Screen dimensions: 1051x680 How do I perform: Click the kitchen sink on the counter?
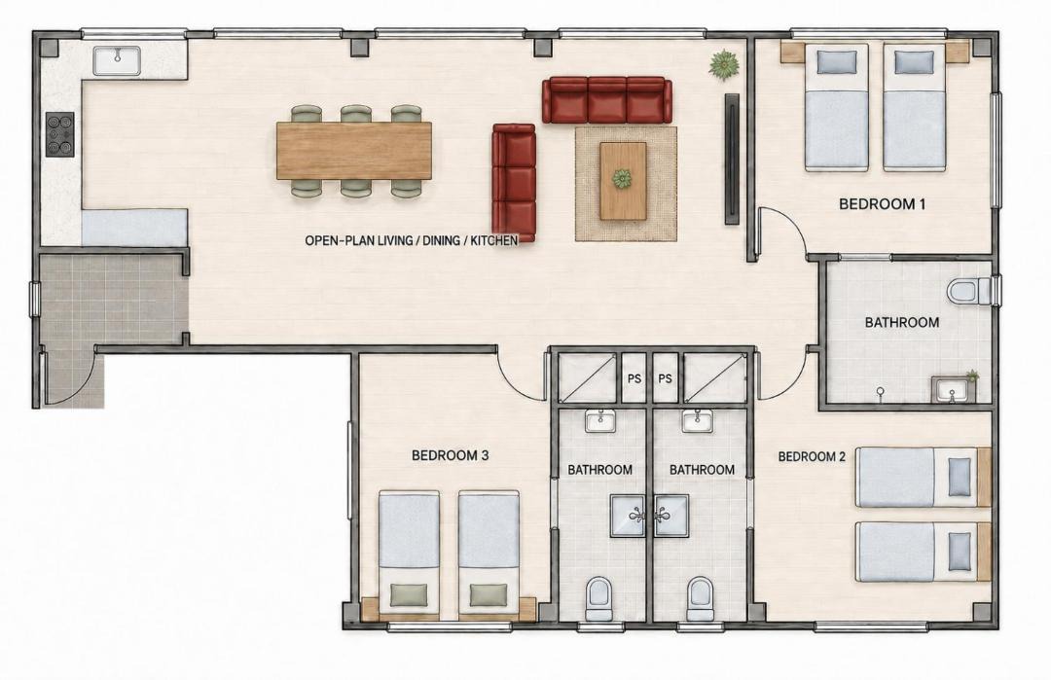116,60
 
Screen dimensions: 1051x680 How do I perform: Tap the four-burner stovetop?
59,134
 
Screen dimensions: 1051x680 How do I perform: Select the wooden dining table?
354,151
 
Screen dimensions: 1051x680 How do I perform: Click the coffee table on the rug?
623,180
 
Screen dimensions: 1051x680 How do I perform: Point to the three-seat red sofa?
606,100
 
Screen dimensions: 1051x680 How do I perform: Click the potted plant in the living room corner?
725,65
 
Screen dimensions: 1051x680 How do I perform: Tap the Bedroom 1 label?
882,204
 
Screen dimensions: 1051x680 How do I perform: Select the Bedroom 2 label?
812,457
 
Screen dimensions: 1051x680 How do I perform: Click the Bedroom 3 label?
450,455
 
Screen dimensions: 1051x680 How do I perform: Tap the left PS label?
634,378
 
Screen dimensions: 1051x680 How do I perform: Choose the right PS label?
665,378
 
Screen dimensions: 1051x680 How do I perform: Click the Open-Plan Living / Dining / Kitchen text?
412,240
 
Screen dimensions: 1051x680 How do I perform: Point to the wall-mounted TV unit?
732,159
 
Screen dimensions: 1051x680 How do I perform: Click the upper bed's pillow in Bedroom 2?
960,477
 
